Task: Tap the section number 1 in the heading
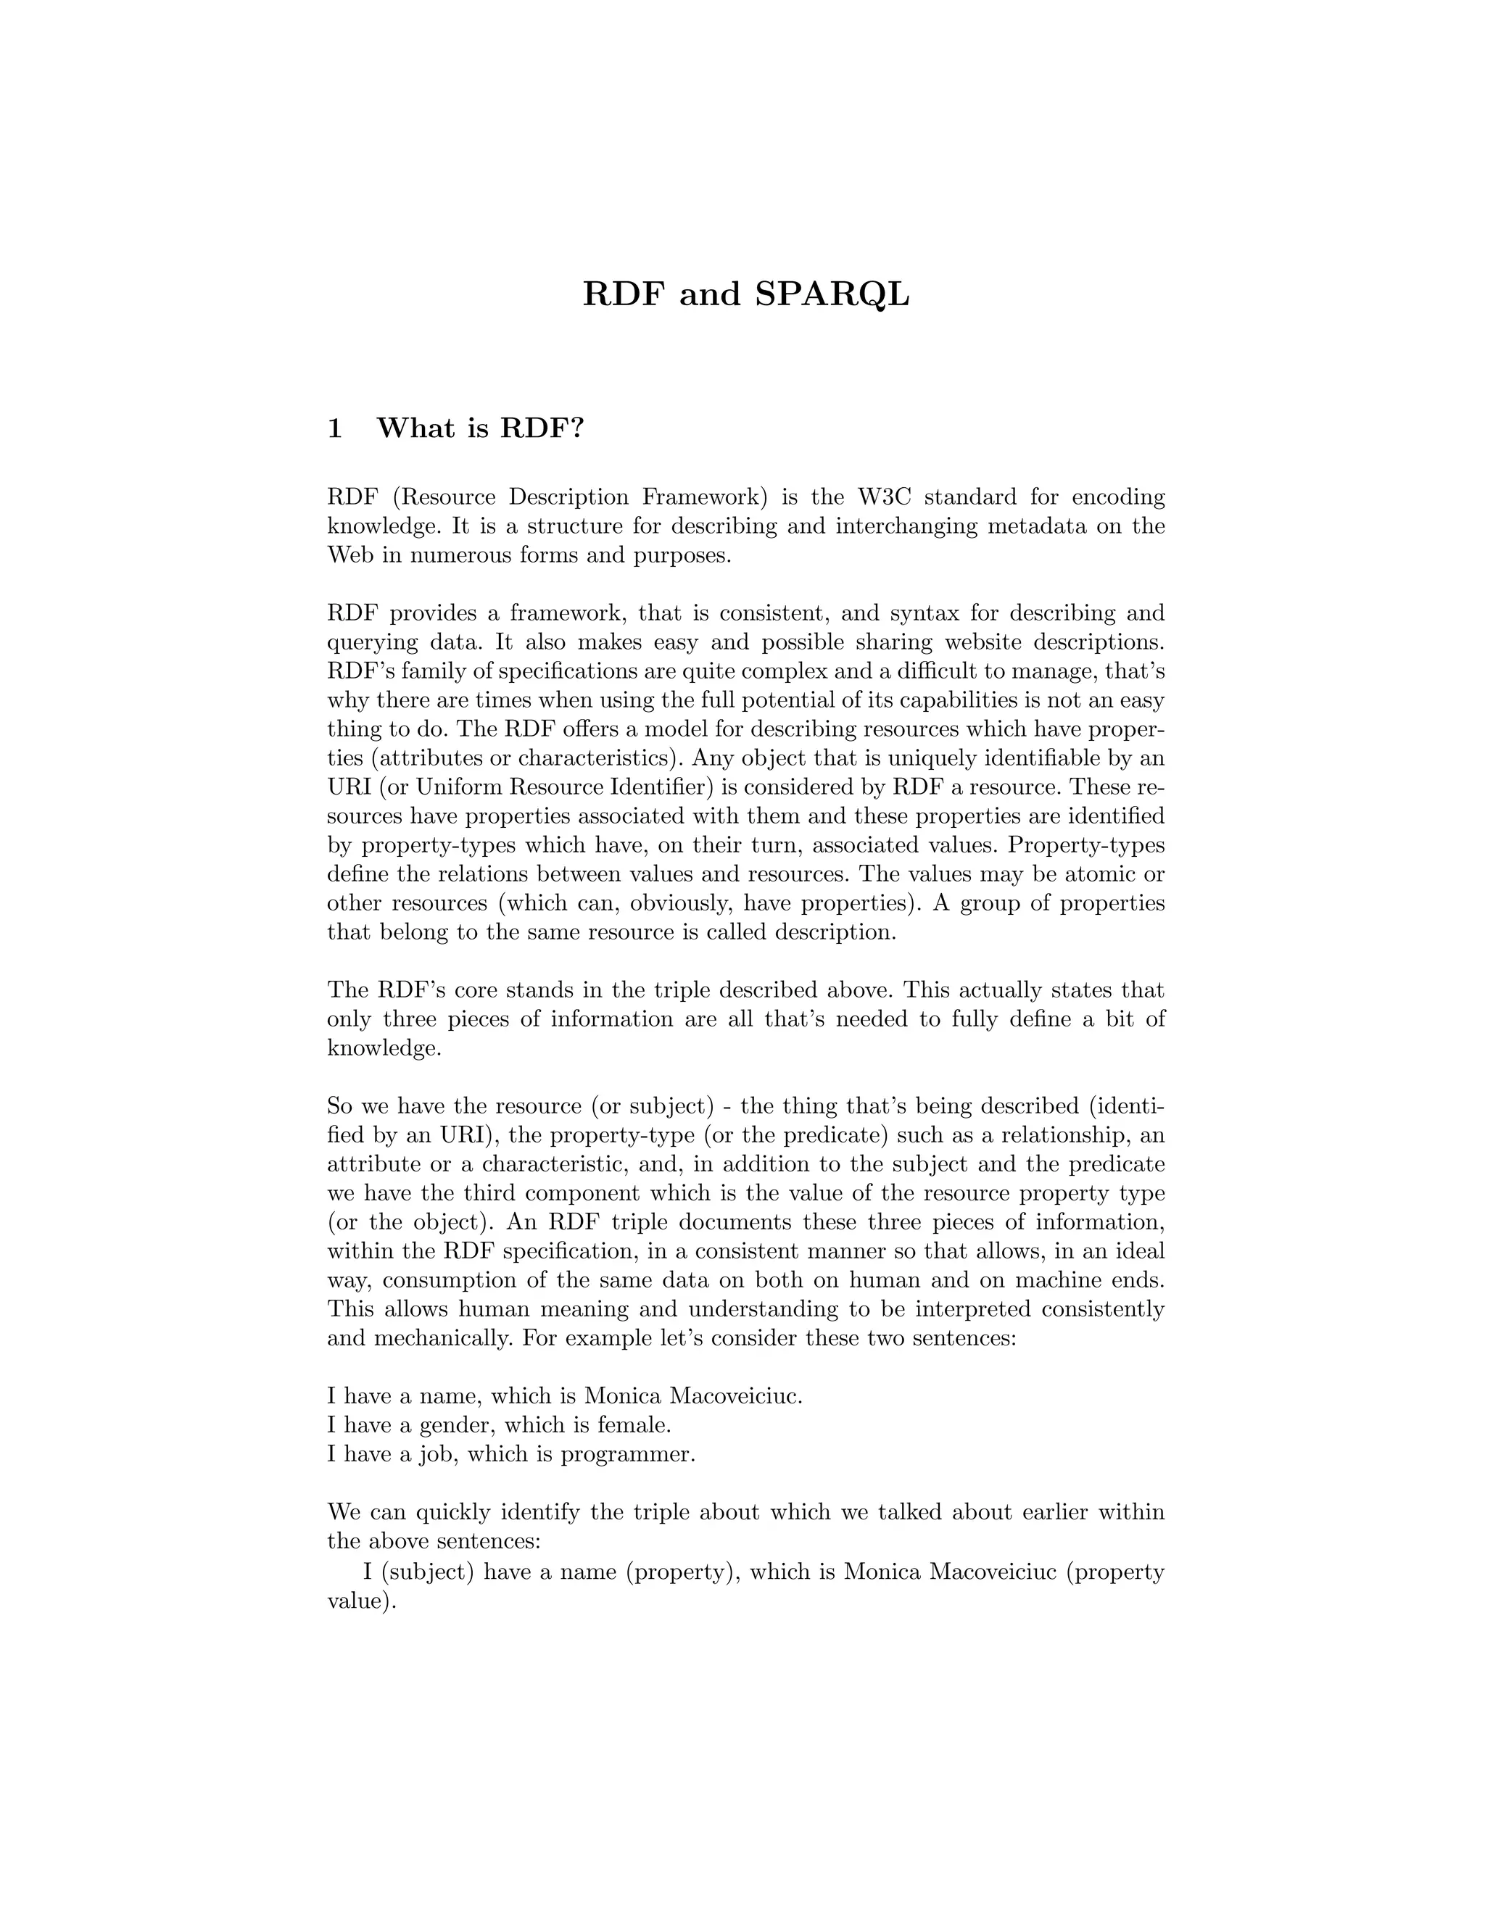coord(334,429)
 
